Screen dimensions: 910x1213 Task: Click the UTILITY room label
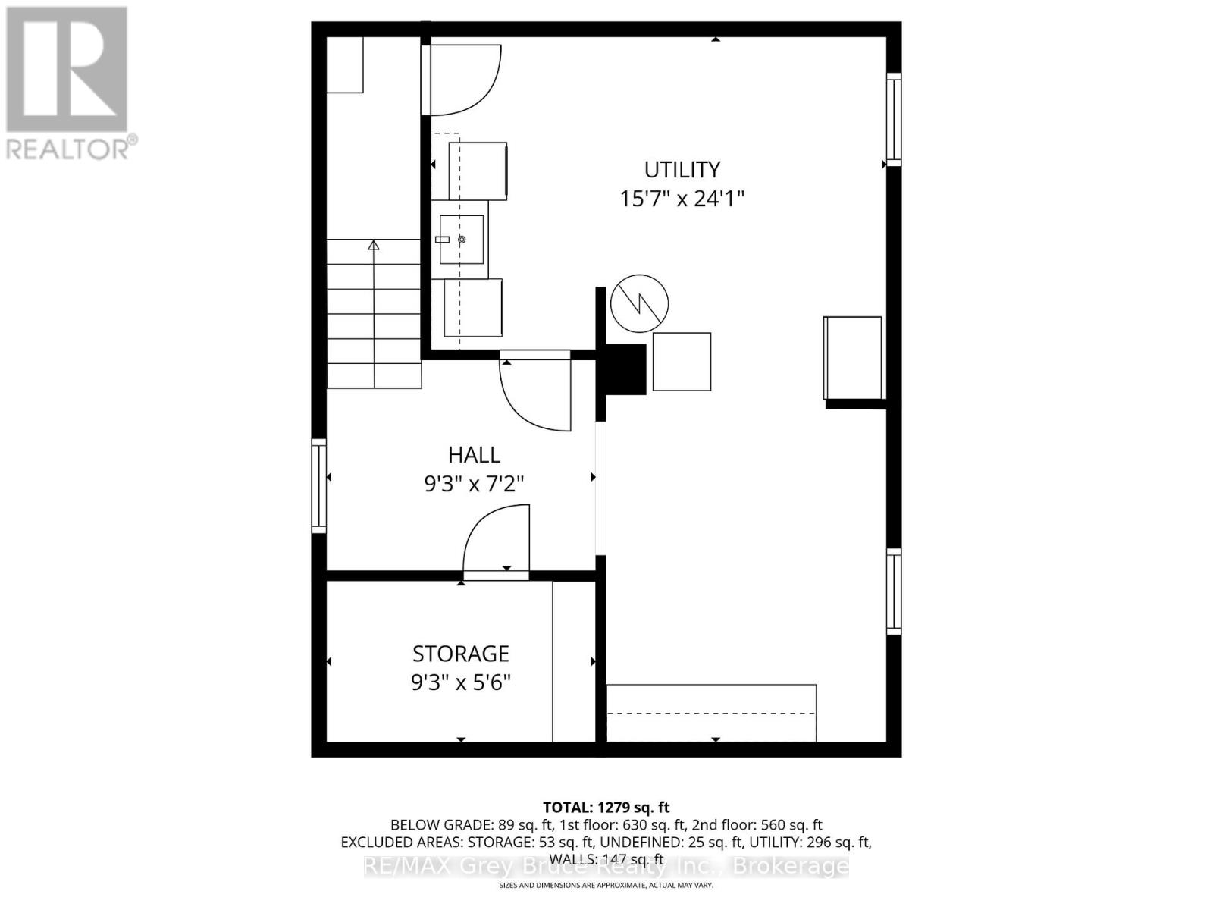pos(682,169)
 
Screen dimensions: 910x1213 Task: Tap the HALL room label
pos(474,455)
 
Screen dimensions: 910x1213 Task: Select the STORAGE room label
pos(460,654)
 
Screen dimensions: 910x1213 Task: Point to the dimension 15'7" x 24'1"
pos(682,199)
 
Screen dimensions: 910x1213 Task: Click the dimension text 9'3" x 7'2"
pos(474,484)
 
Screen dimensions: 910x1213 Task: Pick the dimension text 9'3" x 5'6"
pos(460,682)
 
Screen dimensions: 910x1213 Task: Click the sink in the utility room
pos(461,240)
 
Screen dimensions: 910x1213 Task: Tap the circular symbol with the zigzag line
pos(640,303)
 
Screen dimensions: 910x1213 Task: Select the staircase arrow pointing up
pos(373,246)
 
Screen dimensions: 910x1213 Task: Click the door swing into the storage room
pos(497,542)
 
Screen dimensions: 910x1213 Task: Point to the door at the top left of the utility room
pos(462,80)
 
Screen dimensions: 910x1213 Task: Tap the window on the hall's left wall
pos(319,485)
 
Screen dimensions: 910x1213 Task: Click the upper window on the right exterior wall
pos(894,120)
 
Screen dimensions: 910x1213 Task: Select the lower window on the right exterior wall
pos(894,591)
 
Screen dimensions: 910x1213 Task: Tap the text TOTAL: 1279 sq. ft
pos(606,808)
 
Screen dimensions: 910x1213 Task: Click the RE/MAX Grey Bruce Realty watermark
pos(606,866)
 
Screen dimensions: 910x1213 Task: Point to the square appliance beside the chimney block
pos(682,362)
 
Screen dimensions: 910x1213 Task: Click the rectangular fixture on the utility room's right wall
pos(853,358)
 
